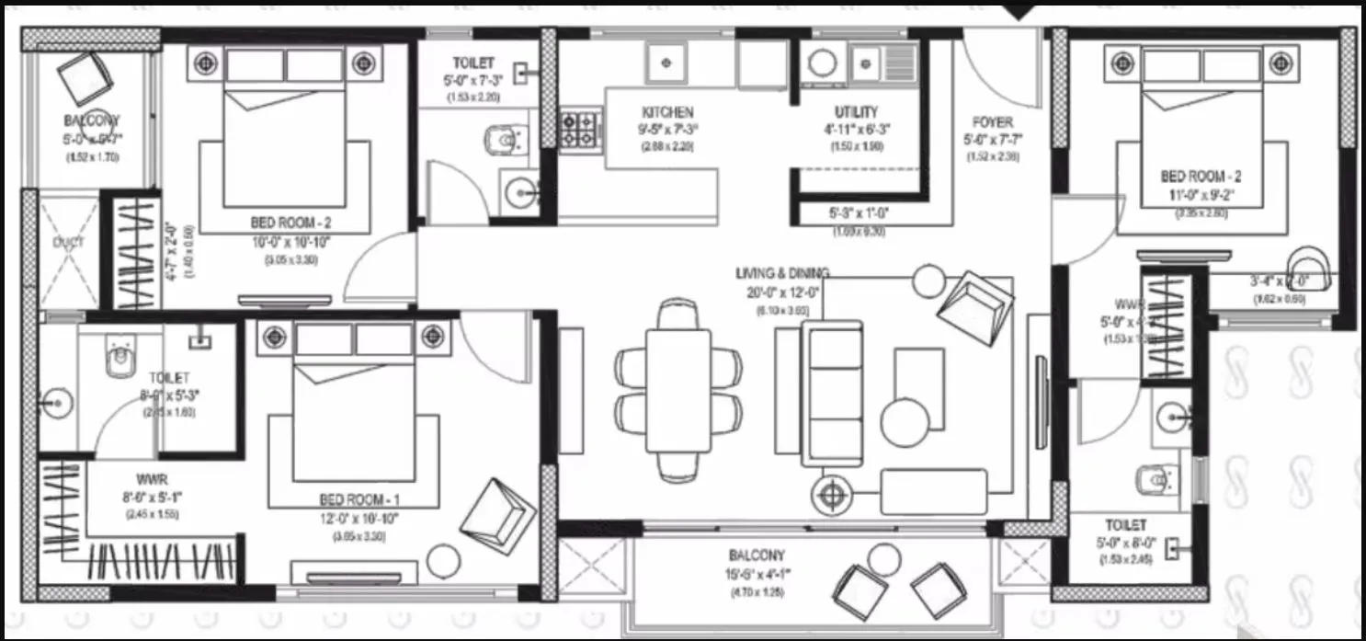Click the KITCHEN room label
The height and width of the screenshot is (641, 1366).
[668, 112]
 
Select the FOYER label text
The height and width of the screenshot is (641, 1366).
[992, 122]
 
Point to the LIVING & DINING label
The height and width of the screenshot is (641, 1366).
[782, 273]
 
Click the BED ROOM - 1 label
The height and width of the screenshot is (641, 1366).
[366, 500]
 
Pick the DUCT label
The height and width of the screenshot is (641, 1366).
[68, 243]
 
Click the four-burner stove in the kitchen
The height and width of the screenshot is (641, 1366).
[579, 130]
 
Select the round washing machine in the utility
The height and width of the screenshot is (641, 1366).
[821, 63]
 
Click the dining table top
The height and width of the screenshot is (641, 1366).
[678, 390]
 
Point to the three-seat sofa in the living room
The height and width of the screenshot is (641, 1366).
[832, 393]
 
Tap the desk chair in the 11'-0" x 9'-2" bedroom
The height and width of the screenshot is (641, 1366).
[1306, 268]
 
